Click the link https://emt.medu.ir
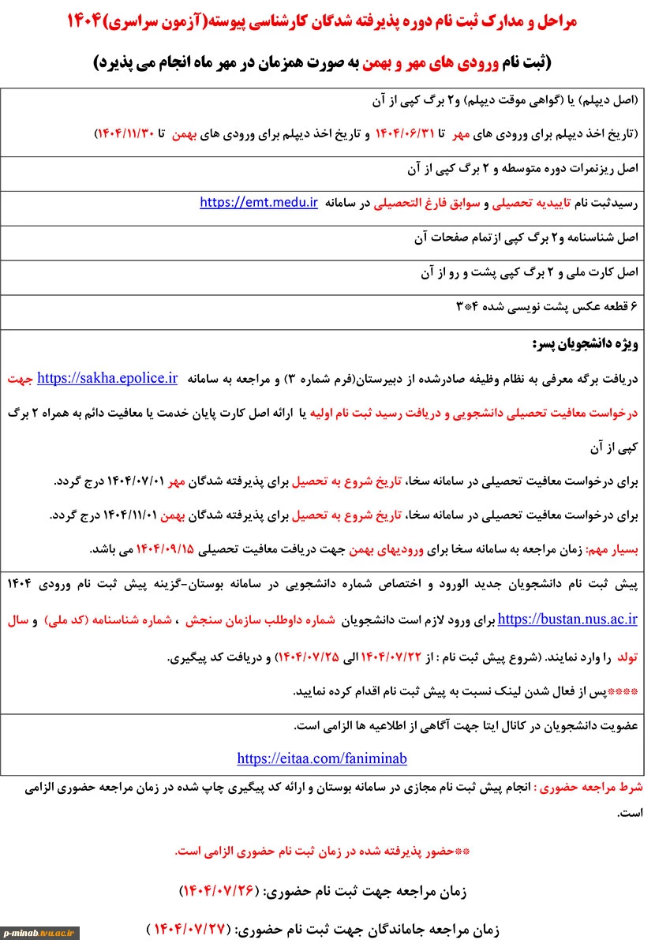click(259, 202)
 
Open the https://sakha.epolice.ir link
click(107, 378)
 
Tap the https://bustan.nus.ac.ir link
click(567, 619)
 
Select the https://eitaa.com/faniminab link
click(322, 758)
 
